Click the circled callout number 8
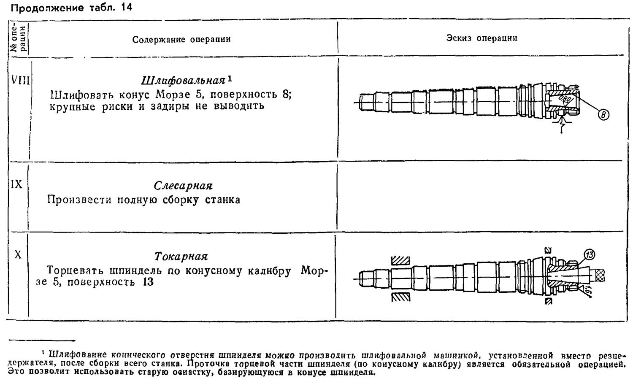(603, 115)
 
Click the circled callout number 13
(589, 254)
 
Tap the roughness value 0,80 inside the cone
(565, 99)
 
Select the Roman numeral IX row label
(16, 184)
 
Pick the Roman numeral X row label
(18, 255)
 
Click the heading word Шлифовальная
(183, 81)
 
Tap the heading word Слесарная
(183, 186)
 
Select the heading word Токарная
(181, 257)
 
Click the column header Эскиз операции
(482, 38)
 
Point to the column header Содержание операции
(181, 39)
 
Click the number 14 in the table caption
(126, 7)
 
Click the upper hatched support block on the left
(400, 260)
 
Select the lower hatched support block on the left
(400, 297)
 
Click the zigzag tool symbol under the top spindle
(562, 124)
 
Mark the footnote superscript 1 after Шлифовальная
(230, 78)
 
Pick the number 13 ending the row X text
(148, 282)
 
